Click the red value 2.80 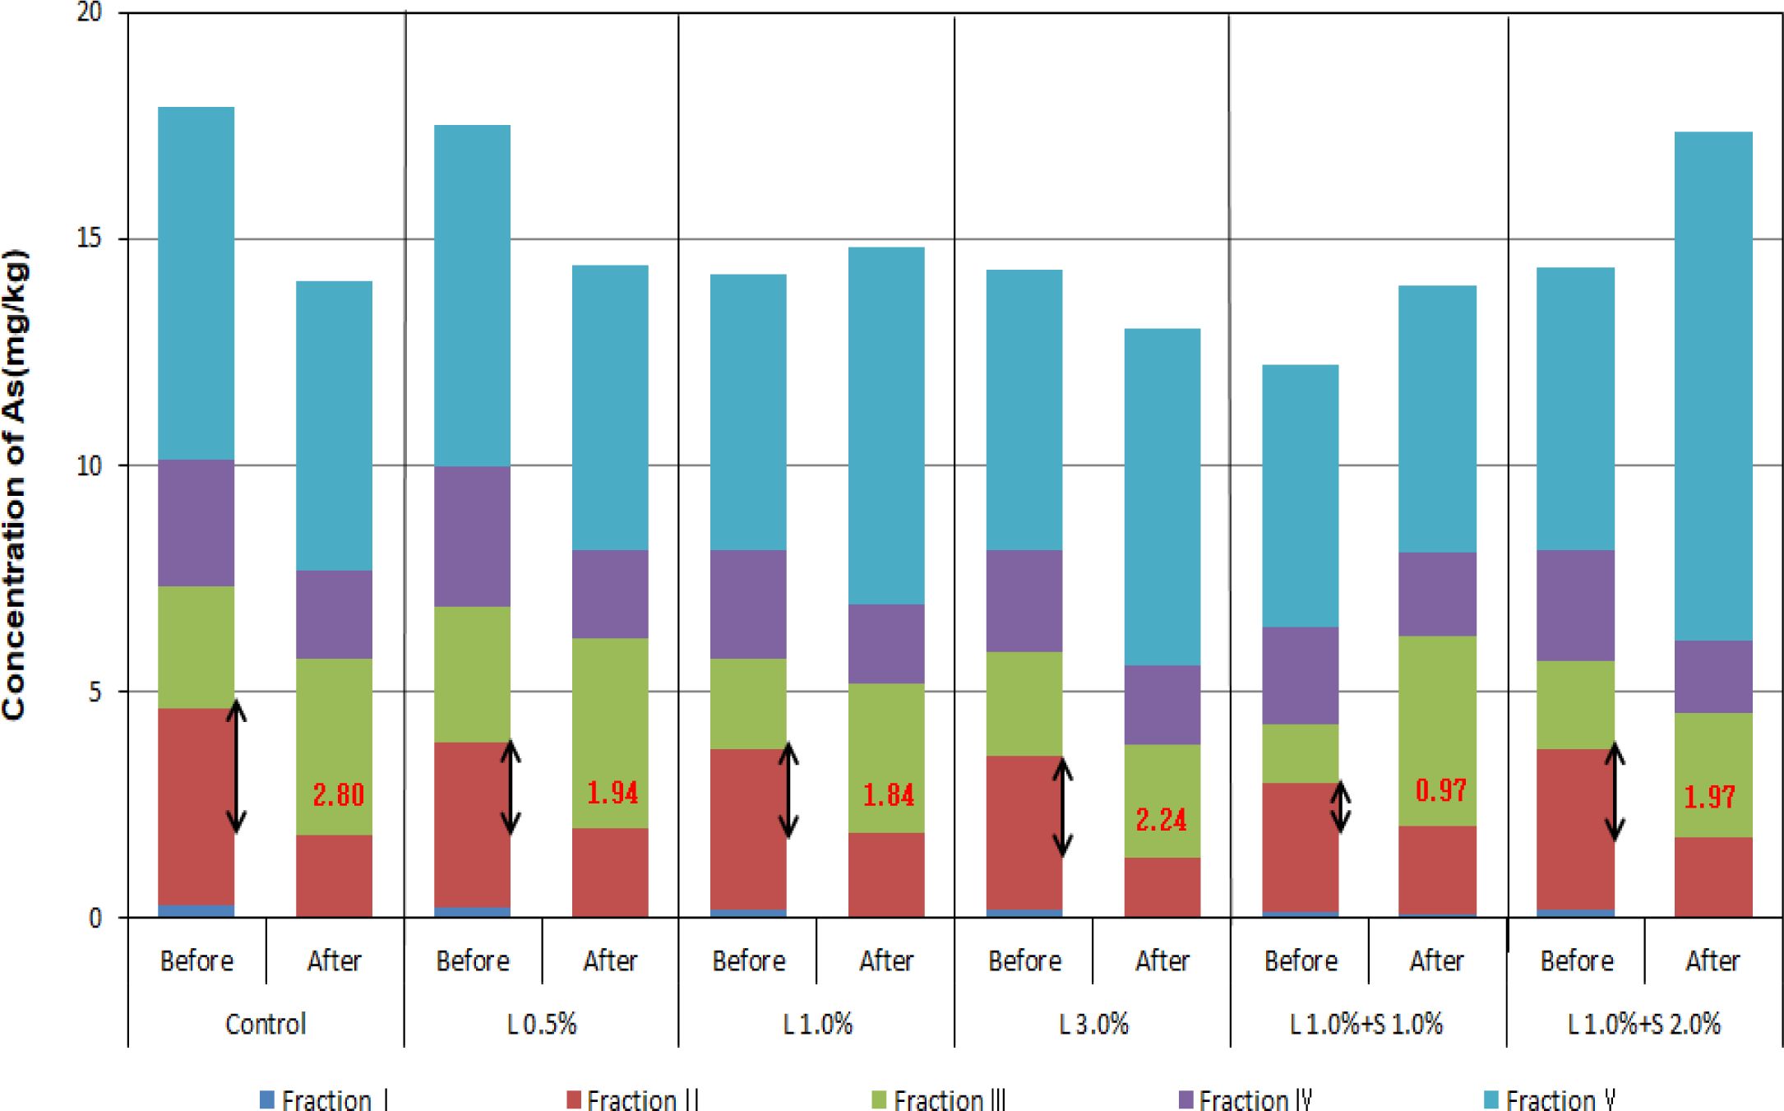pyautogui.click(x=338, y=795)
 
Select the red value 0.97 pyautogui.click(x=1440, y=790)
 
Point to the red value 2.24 pyautogui.click(x=1161, y=819)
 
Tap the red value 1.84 pyautogui.click(x=888, y=795)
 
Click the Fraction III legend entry pyautogui.click(x=938, y=1099)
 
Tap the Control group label pyautogui.click(x=266, y=1024)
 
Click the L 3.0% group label pyautogui.click(x=1093, y=1024)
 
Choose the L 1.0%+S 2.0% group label pyautogui.click(x=1643, y=1024)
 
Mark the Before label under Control pyautogui.click(x=196, y=961)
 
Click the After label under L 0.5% pyautogui.click(x=610, y=961)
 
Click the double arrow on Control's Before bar pyautogui.click(x=237, y=766)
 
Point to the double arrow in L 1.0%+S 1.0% pyautogui.click(x=1341, y=806)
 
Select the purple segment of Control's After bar pyautogui.click(x=334, y=614)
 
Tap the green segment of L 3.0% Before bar pyautogui.click(x=1024, y=704)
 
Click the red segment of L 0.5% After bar pyautogui.click(x=610, y=872)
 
